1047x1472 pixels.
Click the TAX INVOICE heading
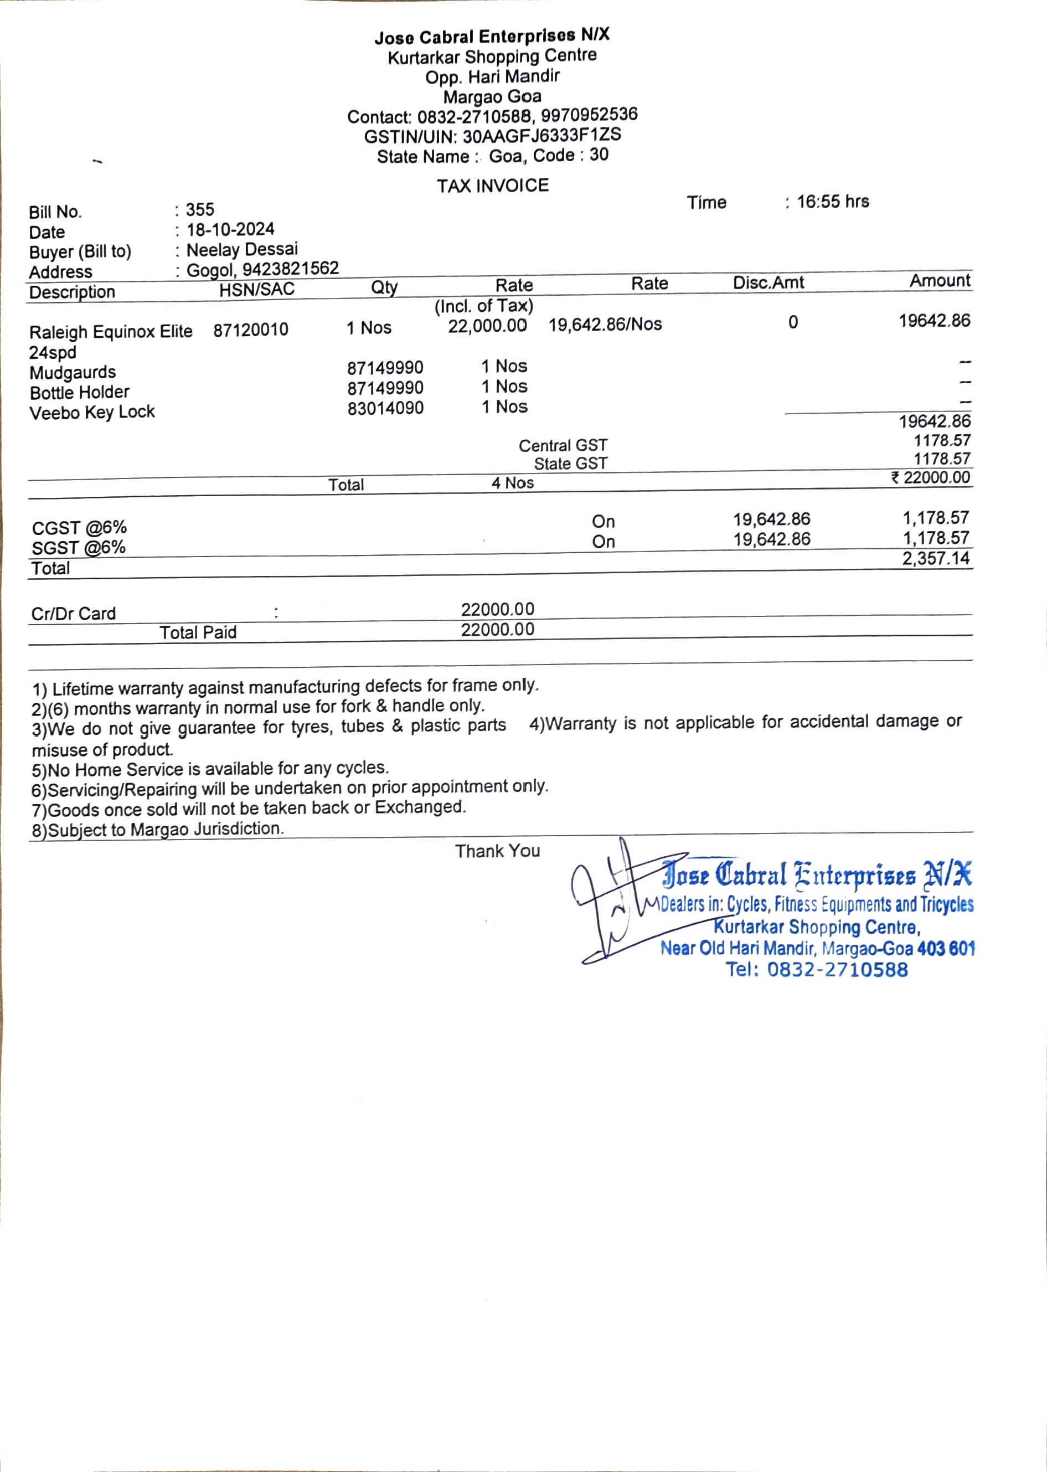click(493, 186)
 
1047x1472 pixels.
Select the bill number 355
click(200, 209)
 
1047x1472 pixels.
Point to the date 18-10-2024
click(230, 229)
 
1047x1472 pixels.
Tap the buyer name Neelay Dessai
click(242, 250)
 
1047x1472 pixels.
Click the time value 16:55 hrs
click(832, 202)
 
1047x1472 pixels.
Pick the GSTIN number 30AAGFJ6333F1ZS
click(541, 135)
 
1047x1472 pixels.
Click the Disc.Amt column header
click(768, 282)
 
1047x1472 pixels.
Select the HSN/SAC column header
click(256, 290)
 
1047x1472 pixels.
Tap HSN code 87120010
click(251, 330)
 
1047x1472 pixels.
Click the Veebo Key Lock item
click(92, 413)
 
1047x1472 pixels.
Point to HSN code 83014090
click(385, 408)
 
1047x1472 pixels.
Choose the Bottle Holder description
click(79, 393)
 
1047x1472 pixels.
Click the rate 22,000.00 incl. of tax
click(487, 326)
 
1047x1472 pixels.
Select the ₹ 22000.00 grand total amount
click(930, 478)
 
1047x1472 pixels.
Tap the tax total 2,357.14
click(936, 558)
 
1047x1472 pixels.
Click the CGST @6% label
click(79, 528)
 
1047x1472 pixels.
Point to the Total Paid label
click(198, 632)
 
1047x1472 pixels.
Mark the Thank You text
click(497, 851)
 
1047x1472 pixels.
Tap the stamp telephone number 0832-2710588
click(836, 969)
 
